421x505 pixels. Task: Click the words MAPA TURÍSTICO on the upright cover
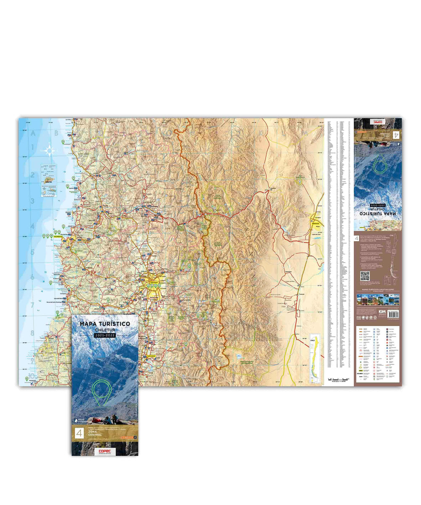(x=104, y=323)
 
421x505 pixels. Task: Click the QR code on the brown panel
(x=365, y=276)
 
